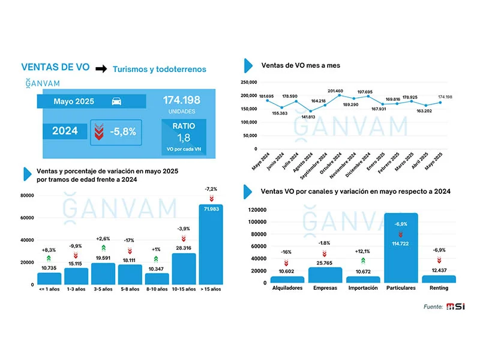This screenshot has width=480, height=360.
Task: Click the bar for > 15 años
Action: tap(211, 244)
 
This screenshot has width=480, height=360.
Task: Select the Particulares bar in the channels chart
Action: tap(401, 248)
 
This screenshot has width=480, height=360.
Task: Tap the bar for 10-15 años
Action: tap(184, 269)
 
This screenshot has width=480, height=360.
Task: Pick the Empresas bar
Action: tap(325, 275)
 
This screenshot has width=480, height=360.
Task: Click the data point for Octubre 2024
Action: tap(339, 95)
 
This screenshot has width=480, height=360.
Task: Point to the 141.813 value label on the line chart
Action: tap(308, 117)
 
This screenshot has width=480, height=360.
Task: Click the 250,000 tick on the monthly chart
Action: tap(248, 82)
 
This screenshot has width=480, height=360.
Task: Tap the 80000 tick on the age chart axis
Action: tap(27, 196)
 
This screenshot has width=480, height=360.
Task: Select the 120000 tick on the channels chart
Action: tap(257, 209)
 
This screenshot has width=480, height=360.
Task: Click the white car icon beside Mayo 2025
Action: tap(116, 101)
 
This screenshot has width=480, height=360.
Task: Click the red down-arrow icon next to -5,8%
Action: tap(99, 132)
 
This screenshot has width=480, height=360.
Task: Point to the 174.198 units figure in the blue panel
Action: tap(182, 100)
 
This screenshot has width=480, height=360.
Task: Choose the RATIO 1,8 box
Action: tap(184, 137)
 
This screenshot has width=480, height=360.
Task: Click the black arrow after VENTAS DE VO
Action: tap(101, 68)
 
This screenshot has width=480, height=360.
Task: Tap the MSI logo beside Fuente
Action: tap(455, 306)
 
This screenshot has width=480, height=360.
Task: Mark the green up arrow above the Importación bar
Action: tap(363, 261)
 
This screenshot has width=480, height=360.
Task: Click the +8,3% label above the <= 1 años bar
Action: tap(49, 250)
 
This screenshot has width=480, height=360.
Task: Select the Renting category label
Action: tap(439, 288)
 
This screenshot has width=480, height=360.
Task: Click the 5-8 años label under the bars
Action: tap(130, 289)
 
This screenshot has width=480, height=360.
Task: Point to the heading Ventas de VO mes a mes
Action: tap(301, 65)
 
